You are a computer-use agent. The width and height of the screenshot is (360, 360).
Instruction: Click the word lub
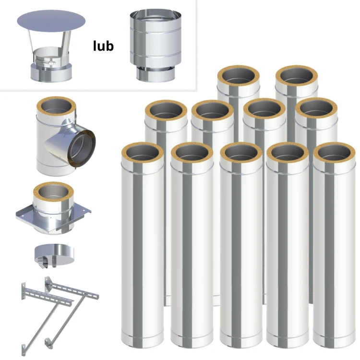click(x=103, y=46)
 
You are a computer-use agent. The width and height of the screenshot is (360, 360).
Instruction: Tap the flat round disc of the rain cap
click(x=51, y=21)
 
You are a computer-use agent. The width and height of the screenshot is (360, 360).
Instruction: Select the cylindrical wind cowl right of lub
click(x=156, y=46)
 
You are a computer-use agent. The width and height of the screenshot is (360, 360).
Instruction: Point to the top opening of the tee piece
click(x=56, y=106)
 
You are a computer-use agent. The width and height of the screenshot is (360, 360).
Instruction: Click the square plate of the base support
click(x=53, y=217)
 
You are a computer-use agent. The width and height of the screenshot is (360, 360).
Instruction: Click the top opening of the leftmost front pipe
click(x=143, y=153)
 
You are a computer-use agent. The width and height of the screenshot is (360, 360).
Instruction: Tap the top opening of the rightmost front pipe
click(x=334, y=153)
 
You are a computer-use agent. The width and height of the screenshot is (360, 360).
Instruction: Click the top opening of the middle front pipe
click(x=241, y=153)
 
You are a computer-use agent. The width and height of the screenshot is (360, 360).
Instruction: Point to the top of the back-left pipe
click(x=239, y=76)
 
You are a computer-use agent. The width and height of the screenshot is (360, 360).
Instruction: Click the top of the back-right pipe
click(x=297, y=76)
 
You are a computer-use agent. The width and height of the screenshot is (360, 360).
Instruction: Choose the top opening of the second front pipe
click(x=192, y=153)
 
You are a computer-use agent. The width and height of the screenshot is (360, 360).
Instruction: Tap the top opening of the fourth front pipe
click(x=288, y=153)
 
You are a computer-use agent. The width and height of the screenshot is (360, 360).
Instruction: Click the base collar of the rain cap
click(x=51, y=73)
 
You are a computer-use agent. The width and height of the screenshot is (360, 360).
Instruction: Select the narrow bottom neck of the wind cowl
click(x=156, y=74)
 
